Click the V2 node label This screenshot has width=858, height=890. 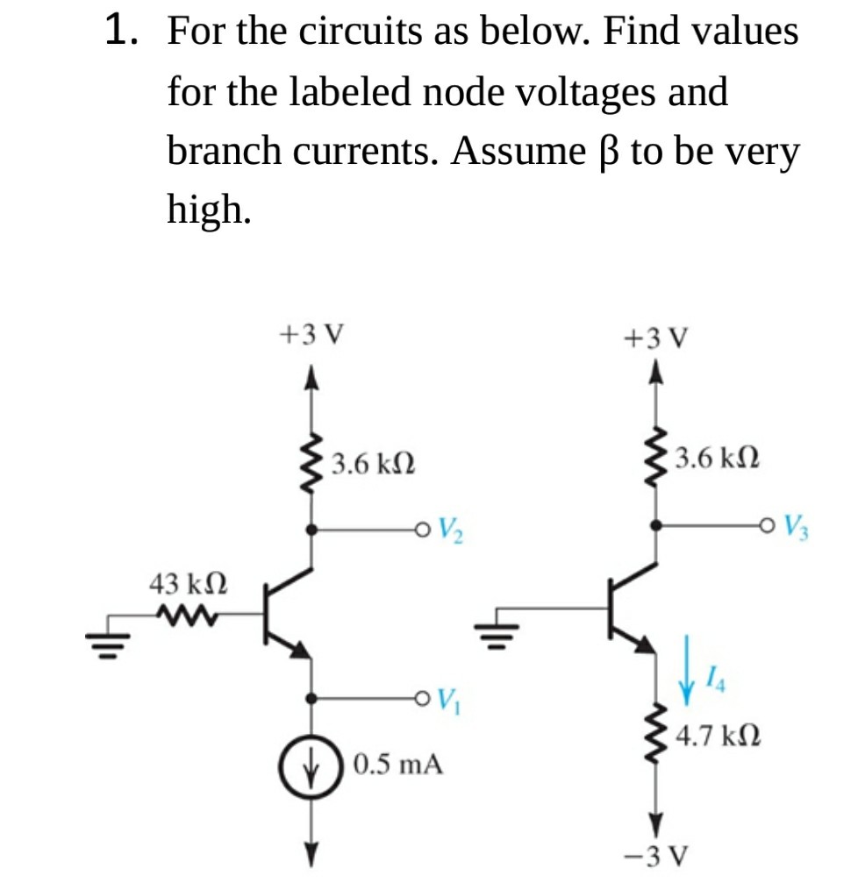(x=451, y=530)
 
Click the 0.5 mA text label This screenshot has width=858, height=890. (x=398, y=764)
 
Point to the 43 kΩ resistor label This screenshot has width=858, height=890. (x=189, y=583)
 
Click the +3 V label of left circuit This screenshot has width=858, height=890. (x=311, y=334)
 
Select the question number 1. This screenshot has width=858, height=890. (x=121, y=32)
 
